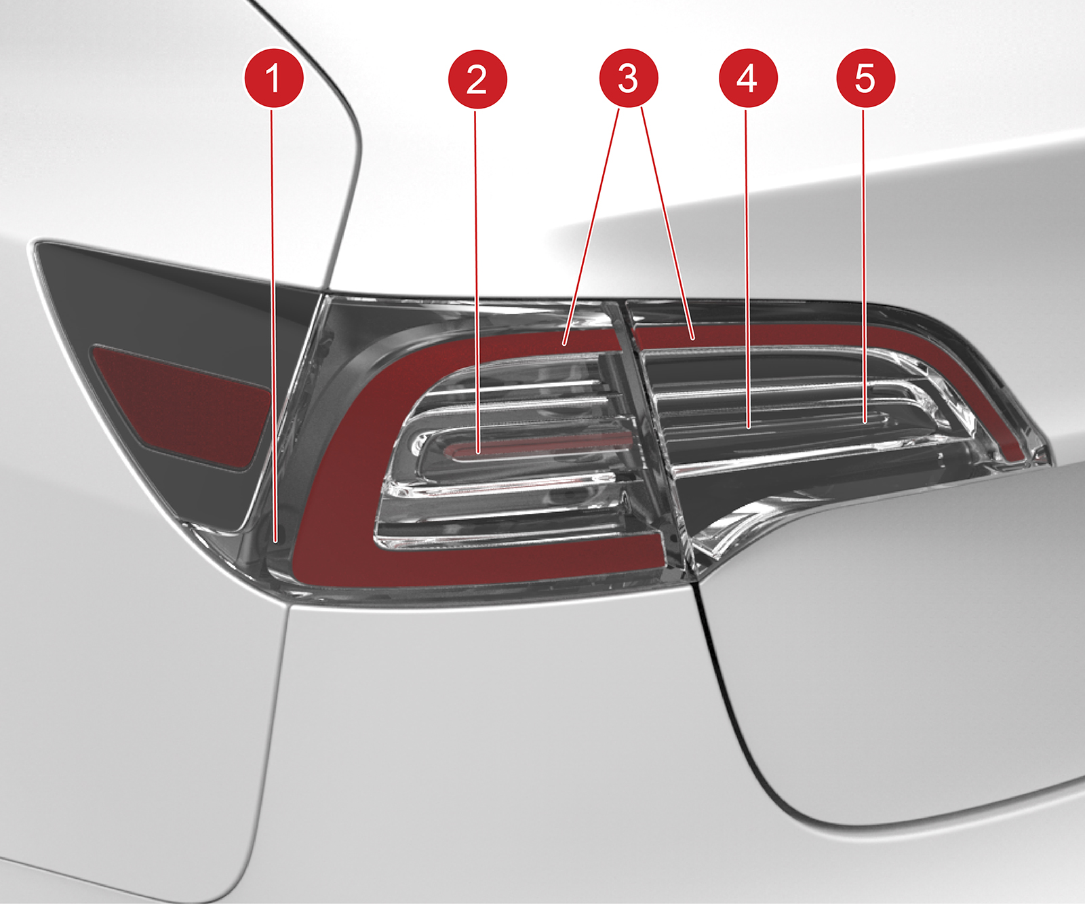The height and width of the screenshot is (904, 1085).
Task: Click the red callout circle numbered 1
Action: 273,78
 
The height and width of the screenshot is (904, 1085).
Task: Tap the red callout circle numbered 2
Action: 477,79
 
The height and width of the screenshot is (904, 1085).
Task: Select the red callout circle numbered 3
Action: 629,78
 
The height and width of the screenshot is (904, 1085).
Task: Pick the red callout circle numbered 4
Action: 747,78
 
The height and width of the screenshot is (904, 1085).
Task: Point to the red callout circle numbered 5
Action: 865,78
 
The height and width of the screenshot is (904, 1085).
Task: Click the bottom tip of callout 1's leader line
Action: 275,541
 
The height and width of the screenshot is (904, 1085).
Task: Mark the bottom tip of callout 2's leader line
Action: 477,451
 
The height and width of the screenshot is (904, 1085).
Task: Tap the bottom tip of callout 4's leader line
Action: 748,427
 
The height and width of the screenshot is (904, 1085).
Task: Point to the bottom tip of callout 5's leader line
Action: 865,422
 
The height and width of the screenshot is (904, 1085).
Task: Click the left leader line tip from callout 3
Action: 564,345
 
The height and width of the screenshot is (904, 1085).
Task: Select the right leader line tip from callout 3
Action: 693,337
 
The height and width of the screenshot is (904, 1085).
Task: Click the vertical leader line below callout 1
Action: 274,324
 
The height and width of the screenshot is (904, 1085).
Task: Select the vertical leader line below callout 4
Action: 747,267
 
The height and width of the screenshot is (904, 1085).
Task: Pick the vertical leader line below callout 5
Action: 865,264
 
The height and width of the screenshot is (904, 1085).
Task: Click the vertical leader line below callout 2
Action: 477,280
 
